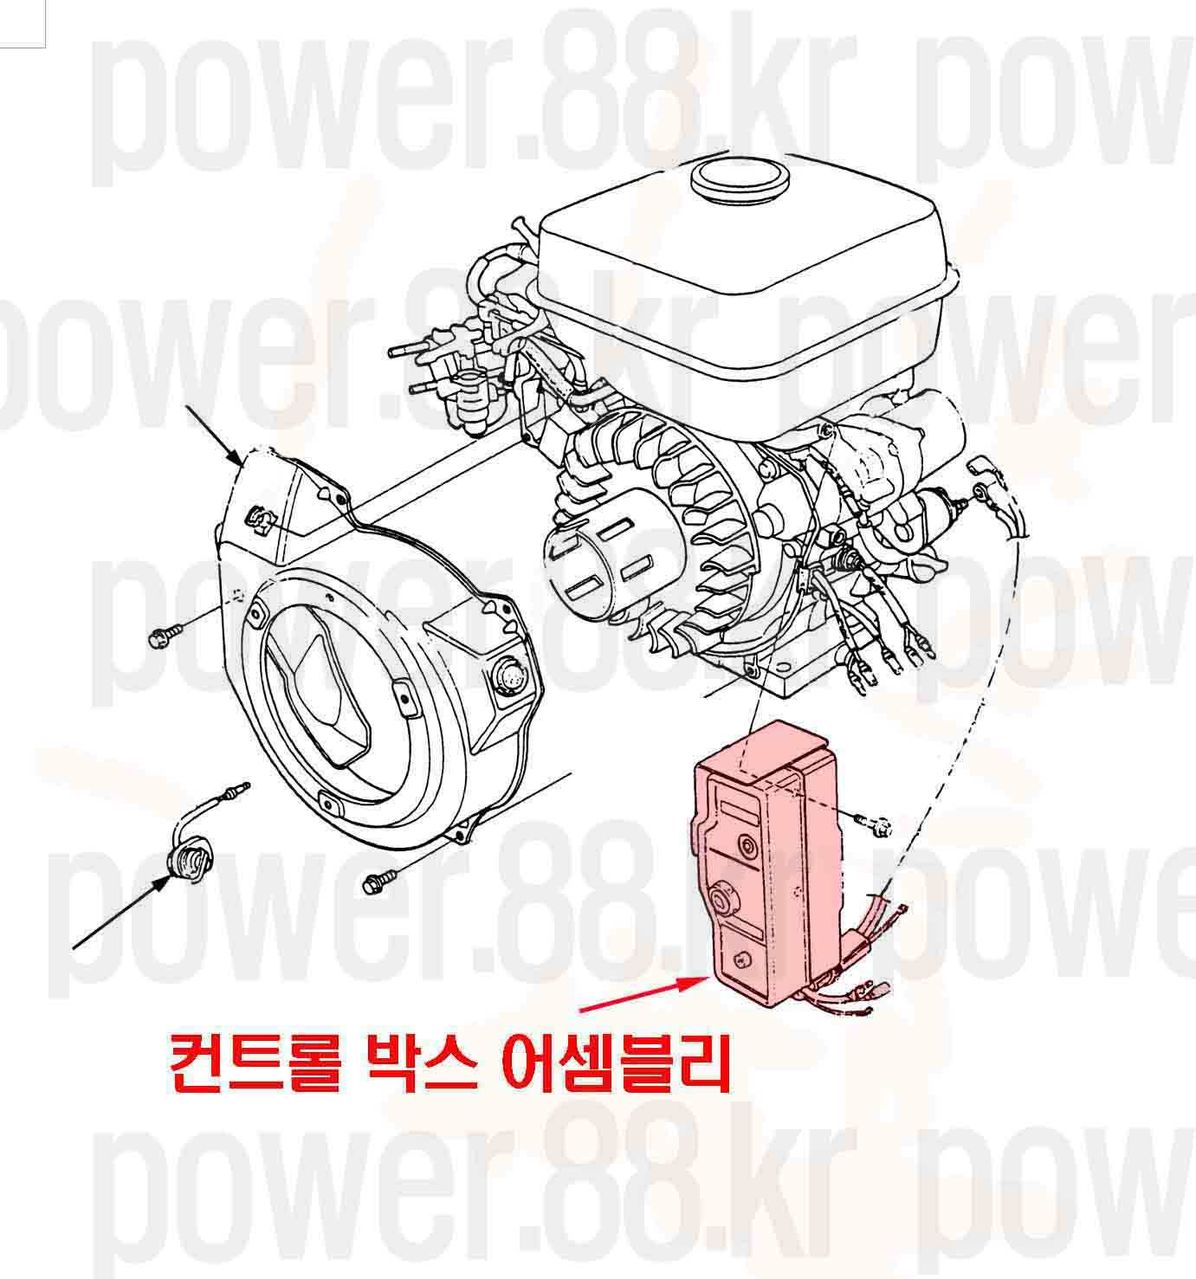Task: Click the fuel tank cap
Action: click(x=741, y=181)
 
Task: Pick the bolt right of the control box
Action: click(x=875, y=823)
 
